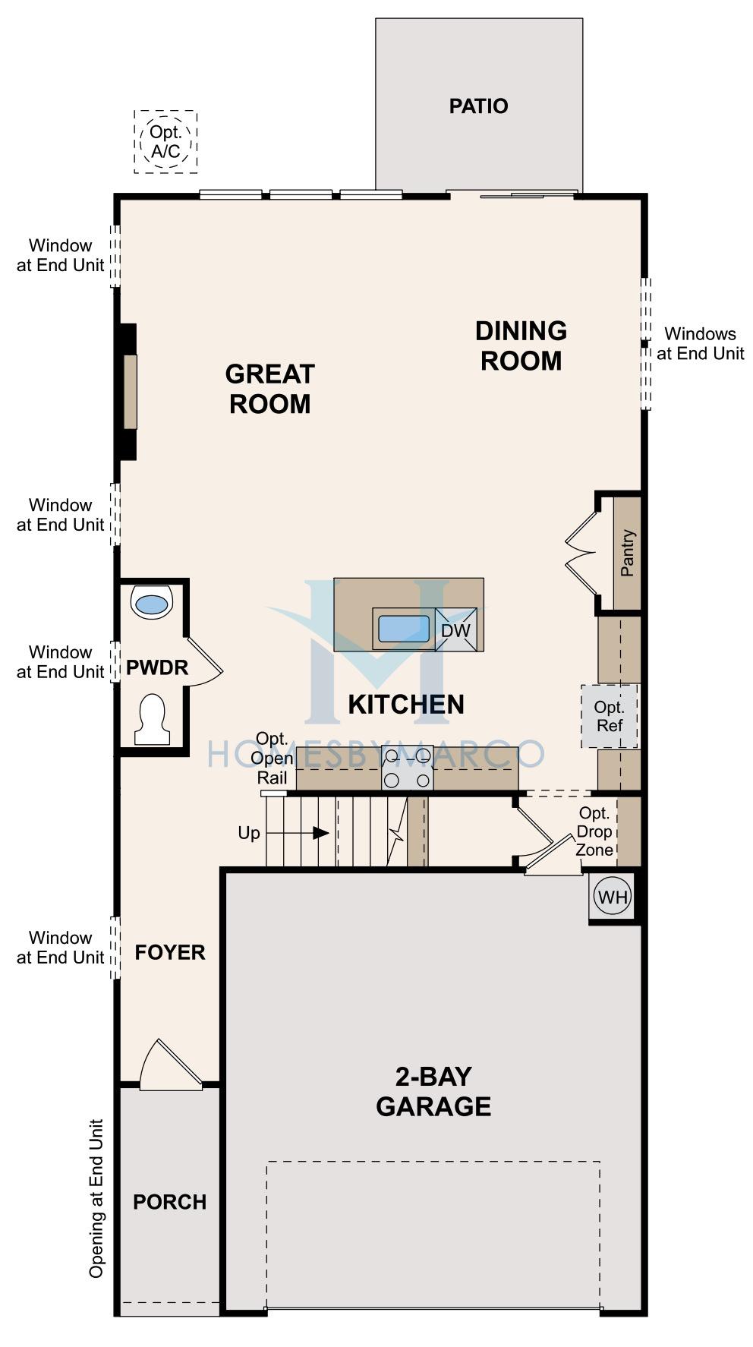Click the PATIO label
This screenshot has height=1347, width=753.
click(478, 106)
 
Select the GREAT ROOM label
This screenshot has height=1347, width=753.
click(269, 389)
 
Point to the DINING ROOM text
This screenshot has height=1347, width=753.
click(521, 345)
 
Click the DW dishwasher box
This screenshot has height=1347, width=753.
click(455, 629)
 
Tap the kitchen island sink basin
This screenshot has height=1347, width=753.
click(404, 629)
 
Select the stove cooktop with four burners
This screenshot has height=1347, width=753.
click(408, 768)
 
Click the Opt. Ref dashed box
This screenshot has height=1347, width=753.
click(609, 716)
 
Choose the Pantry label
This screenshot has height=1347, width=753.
click(627, 553)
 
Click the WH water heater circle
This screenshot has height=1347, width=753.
click(613, 897)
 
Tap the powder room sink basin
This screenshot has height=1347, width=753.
click(152, 604)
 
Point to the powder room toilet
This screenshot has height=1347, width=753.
click(152, 718)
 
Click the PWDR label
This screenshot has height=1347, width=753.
click(156, 667)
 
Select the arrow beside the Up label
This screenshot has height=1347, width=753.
click(298, 833)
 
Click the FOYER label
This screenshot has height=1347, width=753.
click(170, 952)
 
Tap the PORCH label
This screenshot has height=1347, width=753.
click(169, 1202)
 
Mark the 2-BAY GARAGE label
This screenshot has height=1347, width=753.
click(433, 1091)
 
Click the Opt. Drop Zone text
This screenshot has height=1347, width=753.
click(594, 831)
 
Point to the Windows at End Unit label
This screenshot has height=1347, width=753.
click(700, 343)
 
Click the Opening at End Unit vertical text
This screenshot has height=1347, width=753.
click(96, 1198)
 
